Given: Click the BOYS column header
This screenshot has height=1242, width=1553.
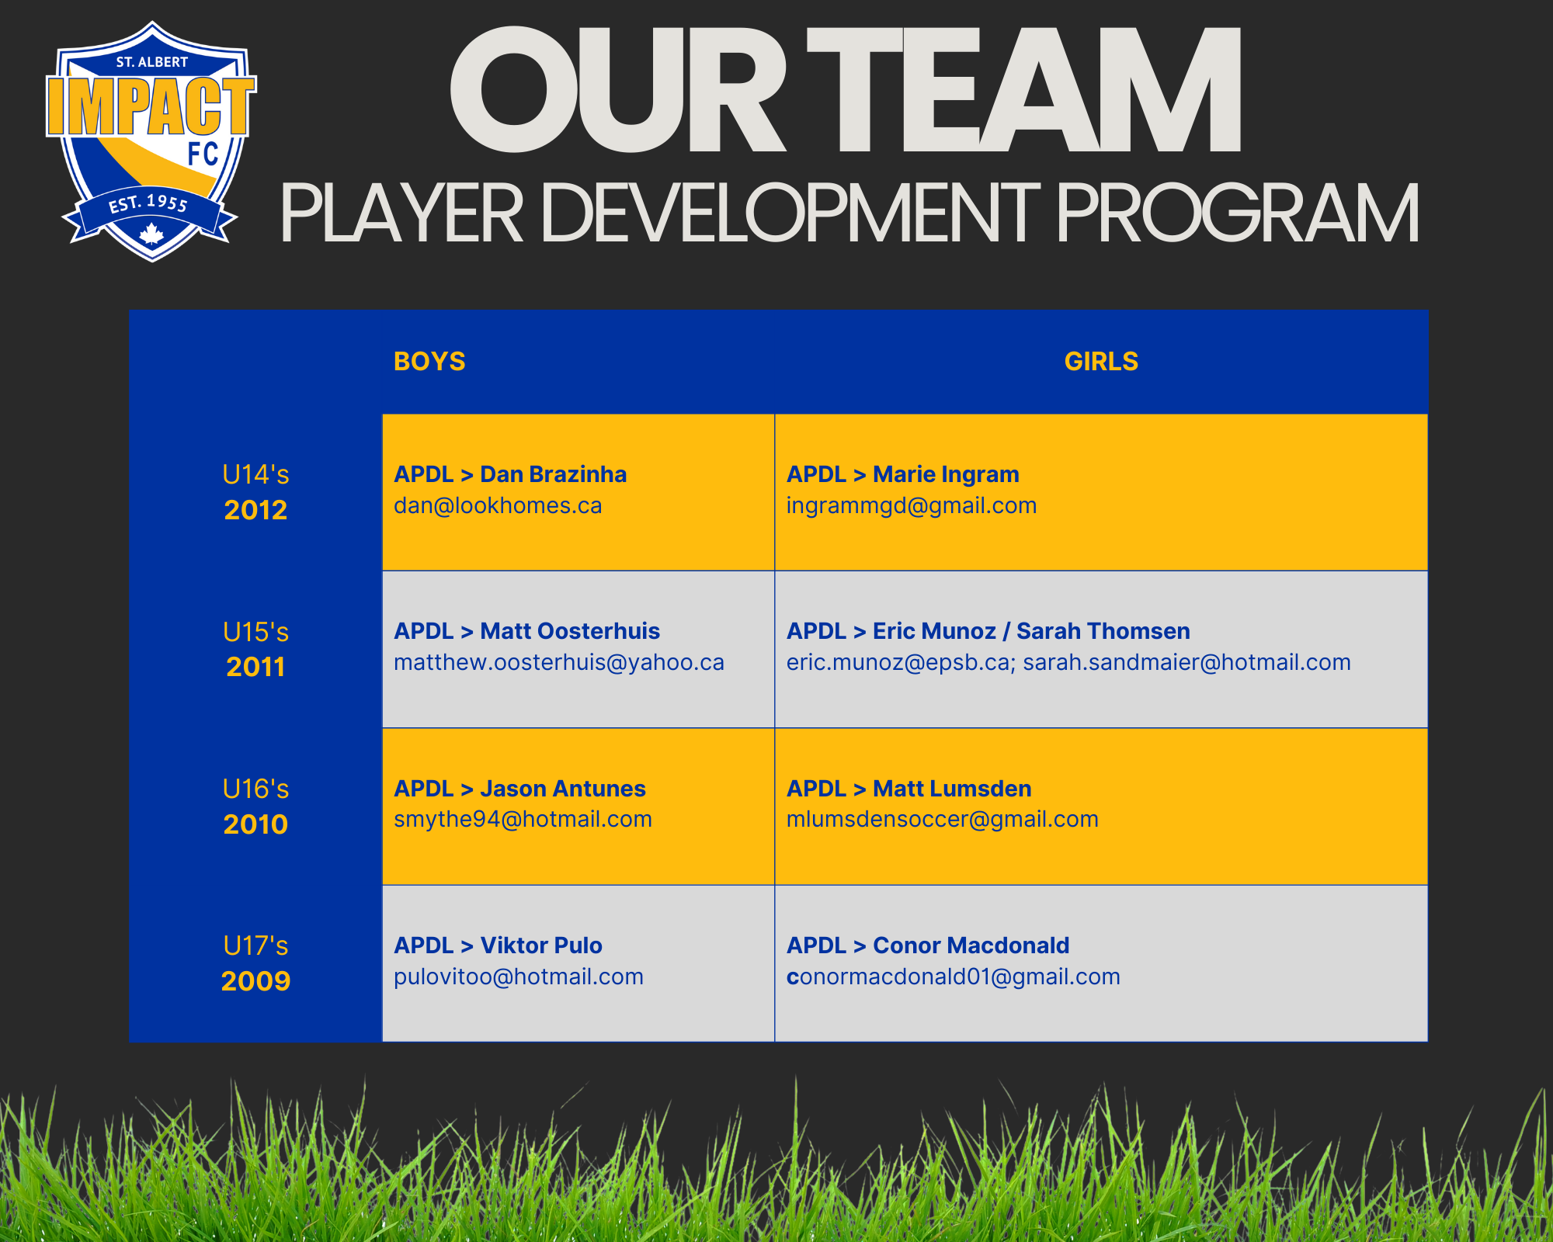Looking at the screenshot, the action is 429,362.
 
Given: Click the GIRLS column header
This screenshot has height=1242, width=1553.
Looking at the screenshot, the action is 1101,362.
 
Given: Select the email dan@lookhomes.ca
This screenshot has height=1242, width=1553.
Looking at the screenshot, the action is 498,506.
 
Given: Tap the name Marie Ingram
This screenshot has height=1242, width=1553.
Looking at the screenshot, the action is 946,474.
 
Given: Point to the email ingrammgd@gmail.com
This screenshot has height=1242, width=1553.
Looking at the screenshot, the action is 912,506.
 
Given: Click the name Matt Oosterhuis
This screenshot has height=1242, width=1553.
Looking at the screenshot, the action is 570,631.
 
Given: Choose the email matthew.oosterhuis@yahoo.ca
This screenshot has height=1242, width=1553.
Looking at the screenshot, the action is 559,663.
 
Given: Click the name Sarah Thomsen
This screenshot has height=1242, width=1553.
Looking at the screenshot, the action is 1103,631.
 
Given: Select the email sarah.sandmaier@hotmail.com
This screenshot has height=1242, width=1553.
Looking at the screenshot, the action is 1187,663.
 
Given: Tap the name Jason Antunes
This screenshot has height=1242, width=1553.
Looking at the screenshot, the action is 563,789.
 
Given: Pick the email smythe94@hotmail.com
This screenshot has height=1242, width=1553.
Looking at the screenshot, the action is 523,820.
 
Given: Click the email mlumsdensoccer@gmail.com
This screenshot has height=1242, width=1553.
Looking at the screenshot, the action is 943,820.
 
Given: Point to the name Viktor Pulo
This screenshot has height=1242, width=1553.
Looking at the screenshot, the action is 541,945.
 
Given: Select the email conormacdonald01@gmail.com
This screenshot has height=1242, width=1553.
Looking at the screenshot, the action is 954,977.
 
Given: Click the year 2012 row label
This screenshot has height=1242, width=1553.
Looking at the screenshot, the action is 255,510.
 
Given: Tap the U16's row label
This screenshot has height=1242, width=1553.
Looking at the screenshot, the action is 255,789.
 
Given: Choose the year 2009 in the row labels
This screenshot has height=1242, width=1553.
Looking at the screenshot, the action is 255,981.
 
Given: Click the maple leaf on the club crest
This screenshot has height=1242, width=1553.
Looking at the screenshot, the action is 151,234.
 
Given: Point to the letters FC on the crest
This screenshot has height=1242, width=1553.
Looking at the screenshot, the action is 203,154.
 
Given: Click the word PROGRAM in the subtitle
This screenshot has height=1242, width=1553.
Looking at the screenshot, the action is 1238,213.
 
